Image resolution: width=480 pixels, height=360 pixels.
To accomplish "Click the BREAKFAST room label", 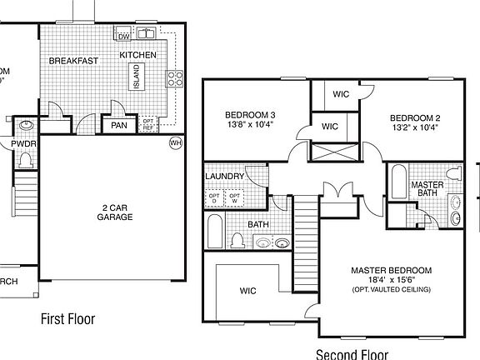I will point(74,61).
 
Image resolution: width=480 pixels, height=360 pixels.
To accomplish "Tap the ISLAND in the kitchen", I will point(134,77).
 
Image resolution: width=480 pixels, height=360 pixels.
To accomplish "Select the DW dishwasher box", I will point(123,36).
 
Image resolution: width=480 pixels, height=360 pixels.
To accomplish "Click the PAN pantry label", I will point(118,125).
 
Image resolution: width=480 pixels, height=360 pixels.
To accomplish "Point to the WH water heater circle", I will point(175,142).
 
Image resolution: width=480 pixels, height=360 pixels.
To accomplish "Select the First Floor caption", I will point(68,318).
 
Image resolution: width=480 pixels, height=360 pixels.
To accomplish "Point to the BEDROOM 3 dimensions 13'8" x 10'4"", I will point(249,125).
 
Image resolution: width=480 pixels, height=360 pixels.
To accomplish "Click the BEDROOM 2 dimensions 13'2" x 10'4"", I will point(414,128).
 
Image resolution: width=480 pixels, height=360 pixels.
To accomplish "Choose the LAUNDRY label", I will point(224,177).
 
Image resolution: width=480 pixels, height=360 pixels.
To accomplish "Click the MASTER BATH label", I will point(427,189).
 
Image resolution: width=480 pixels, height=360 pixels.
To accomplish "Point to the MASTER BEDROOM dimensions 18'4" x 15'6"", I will point(391,280).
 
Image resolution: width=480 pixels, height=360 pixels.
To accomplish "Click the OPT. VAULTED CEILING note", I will point(391,290).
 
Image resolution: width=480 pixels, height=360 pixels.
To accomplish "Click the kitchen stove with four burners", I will point(176,78).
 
